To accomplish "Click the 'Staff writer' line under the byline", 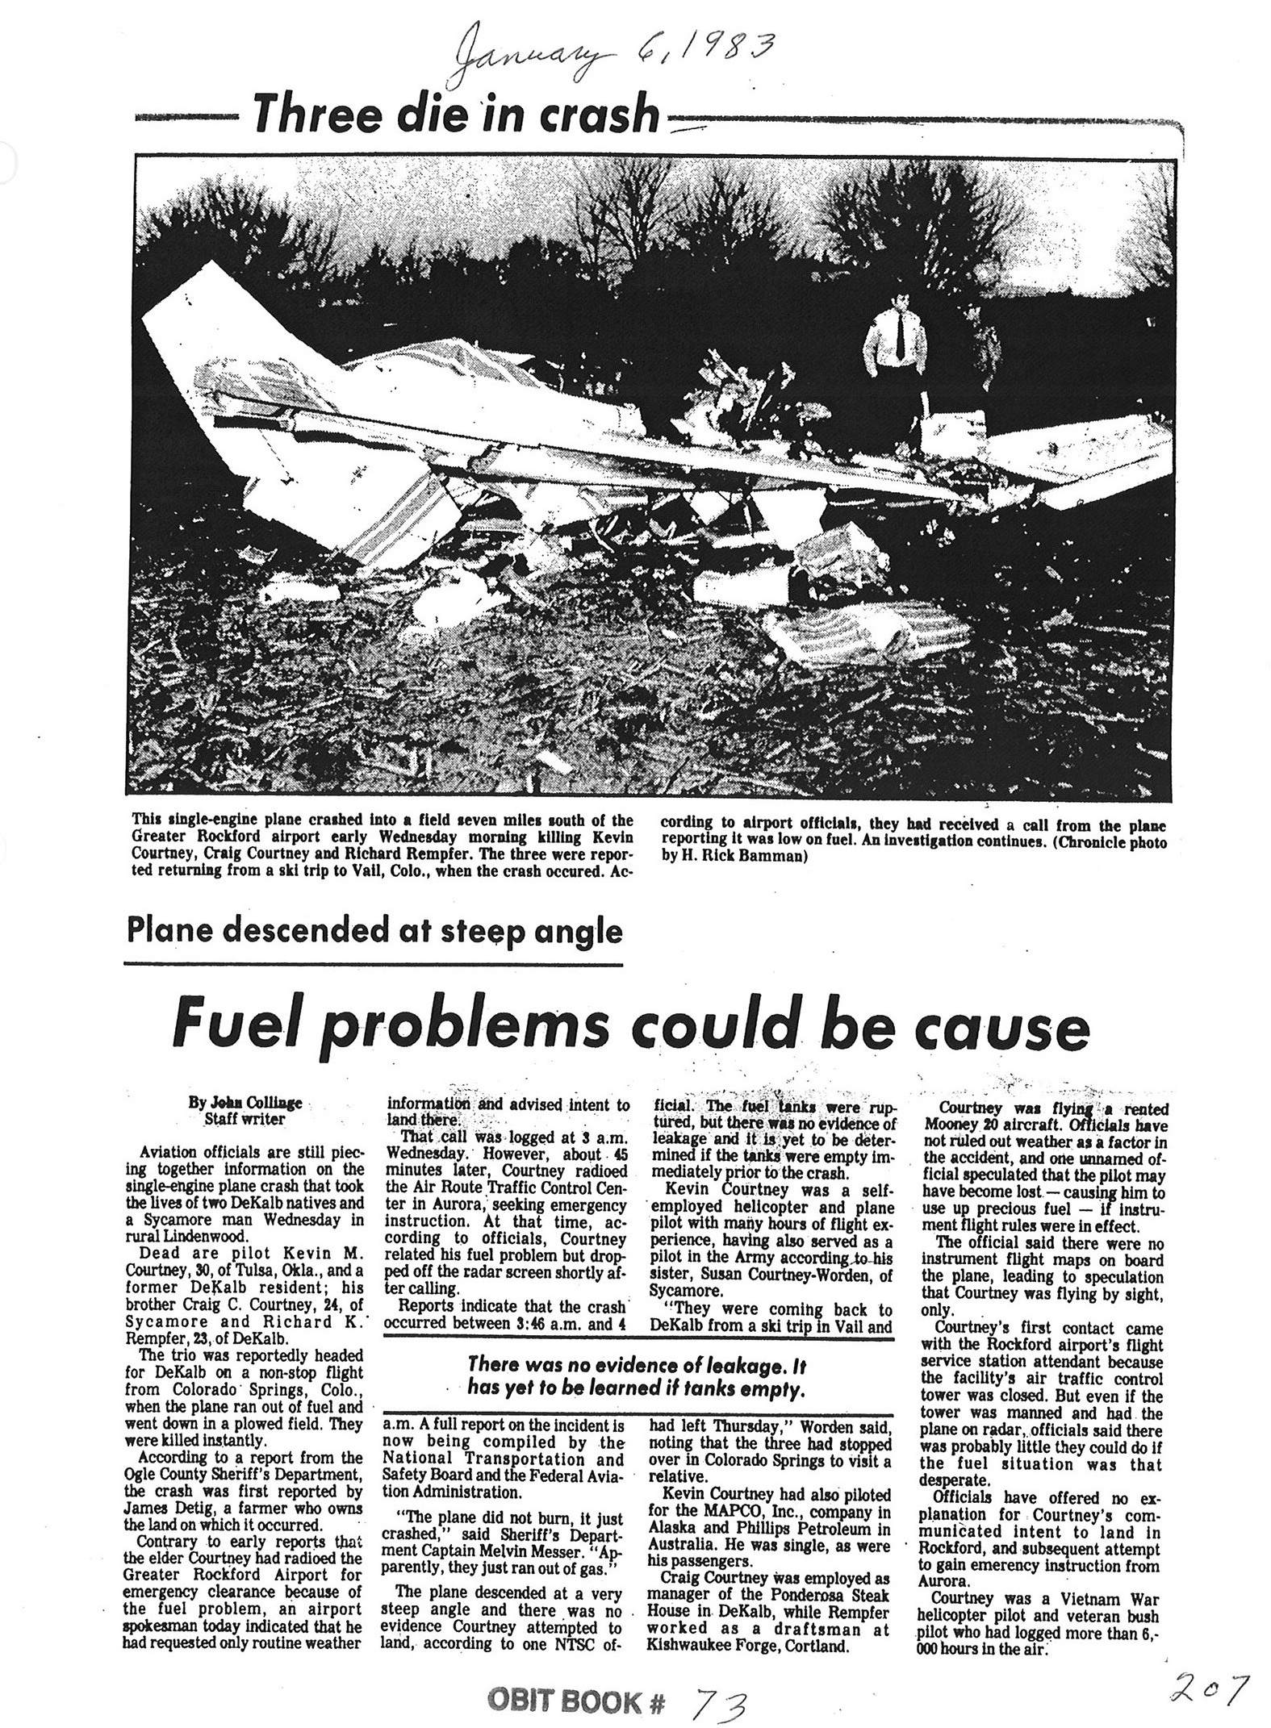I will pos(245,1119).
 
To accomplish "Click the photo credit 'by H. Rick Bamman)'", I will pos(734,857).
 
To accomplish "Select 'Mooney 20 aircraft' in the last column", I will pos(1000,1125).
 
